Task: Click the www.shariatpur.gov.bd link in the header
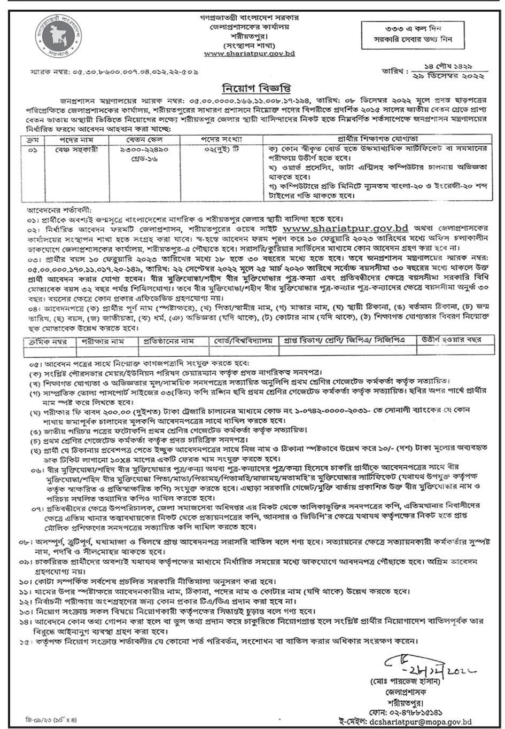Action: tap(249, 53)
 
